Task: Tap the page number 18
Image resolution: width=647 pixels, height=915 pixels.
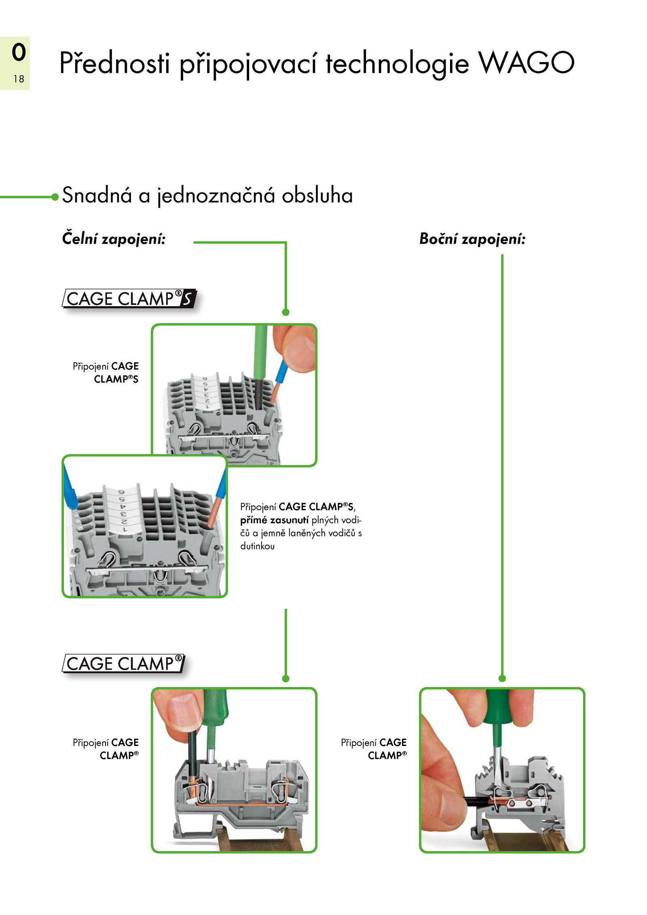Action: pyautogui.click(x=19, y=79)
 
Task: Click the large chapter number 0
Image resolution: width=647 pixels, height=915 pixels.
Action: pyautogui.click(x=19, y=52)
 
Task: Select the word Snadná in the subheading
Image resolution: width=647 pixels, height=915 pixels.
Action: pyautogui.click(x=97, y=195)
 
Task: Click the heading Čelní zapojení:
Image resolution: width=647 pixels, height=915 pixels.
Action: pyautogui.click(x=114, y=239)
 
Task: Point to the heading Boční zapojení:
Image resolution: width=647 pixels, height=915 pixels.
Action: pyautogui.click(x=472, y=239)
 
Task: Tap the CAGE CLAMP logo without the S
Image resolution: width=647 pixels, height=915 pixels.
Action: pyautogui.click(x=123, y=664)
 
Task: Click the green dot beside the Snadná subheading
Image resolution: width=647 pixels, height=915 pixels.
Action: pyautogui.click(x=55, y=197)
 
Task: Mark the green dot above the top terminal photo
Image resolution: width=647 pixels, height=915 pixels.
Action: pyautogui.click(x=285, y=312)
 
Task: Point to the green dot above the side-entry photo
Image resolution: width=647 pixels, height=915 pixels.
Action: pyautogui.click(x=502, y=678)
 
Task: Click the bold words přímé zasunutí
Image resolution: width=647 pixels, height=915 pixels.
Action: pyautogui.click(x=274, y=520)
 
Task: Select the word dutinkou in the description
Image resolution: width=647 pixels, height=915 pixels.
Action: pyautogui.click(x=257, y=546)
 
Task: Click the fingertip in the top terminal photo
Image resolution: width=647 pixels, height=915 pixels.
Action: pyautogui.click(x=294, y=348)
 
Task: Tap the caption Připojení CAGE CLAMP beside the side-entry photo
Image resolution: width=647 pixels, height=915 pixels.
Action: pyautogui.click(x=374, y=749)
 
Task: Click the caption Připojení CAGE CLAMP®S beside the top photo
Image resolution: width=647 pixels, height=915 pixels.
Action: pyautogui.click(x=106, y=372)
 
